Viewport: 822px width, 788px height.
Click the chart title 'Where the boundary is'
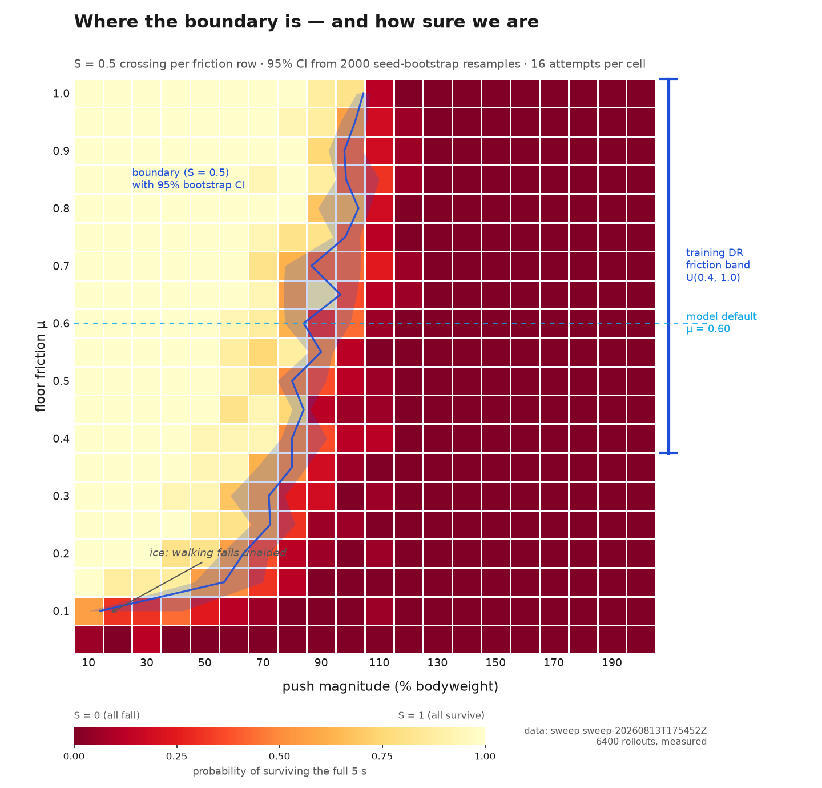pos(187,22)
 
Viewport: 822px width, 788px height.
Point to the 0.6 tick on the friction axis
pos(61,324)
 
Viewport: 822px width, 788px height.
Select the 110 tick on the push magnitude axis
pos(379,662)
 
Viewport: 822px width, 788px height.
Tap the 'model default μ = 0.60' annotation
pos(721,323)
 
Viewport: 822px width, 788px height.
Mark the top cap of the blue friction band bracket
pos(668,79)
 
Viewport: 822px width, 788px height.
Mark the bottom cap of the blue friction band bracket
pos(668,453)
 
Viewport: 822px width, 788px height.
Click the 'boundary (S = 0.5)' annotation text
pos(180,172)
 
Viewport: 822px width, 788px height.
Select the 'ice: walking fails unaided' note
pos(218,553)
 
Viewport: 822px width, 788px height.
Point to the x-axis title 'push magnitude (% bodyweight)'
pos(390,686)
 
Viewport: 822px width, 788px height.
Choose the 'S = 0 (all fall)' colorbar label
pos(107,715)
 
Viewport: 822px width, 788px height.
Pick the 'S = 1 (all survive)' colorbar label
pos(441,715)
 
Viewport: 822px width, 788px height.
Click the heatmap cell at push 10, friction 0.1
pos(89,611)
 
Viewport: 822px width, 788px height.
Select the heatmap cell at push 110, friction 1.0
pos(380,94)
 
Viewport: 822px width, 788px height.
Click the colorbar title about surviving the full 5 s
pos(279,771)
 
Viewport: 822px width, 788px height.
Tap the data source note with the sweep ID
pos(615,736)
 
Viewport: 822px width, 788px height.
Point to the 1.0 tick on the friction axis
pos(61,94)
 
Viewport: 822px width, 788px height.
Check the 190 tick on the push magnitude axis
pos(611,662)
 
